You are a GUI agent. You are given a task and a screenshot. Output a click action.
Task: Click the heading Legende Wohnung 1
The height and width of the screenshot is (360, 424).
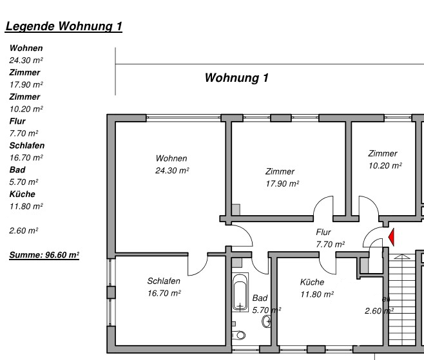[x=63, y=26]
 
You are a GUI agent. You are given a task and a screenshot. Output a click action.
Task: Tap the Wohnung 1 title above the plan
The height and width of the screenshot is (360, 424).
[x=236, y=78]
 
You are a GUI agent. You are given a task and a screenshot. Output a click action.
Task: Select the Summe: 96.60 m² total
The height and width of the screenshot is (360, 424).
[x=43, y=255]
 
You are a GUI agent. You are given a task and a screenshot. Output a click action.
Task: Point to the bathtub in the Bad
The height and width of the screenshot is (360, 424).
[x=240, y=293]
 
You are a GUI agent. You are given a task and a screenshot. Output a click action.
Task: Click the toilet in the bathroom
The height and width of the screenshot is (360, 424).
[x=239, y=335]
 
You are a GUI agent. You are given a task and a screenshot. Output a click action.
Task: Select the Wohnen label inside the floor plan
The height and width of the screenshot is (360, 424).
[x=171, y=158]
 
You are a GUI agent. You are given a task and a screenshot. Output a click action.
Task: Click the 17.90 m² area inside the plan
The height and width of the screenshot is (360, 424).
[x=282, y=184]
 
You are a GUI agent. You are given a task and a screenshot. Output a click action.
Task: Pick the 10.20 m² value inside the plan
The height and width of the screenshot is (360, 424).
[x=385, y=166]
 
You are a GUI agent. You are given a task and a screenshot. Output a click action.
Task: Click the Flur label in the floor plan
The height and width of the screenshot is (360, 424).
[x=323, y=232]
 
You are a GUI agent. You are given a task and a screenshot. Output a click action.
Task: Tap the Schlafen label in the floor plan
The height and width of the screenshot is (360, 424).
[x=164, y=281]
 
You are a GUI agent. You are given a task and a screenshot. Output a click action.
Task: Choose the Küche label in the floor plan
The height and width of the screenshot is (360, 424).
[x=312, y=282]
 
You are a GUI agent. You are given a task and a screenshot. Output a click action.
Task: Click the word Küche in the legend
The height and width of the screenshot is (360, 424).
[x=22, y=194]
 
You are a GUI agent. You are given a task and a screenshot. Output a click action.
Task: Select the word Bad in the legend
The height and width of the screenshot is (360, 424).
[x=17, y=169]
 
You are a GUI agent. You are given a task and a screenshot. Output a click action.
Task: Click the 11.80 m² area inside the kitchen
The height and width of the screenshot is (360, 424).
[x=316, y=294]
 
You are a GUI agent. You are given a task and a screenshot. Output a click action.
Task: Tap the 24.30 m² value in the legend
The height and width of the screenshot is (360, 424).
[x=26, y=60]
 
